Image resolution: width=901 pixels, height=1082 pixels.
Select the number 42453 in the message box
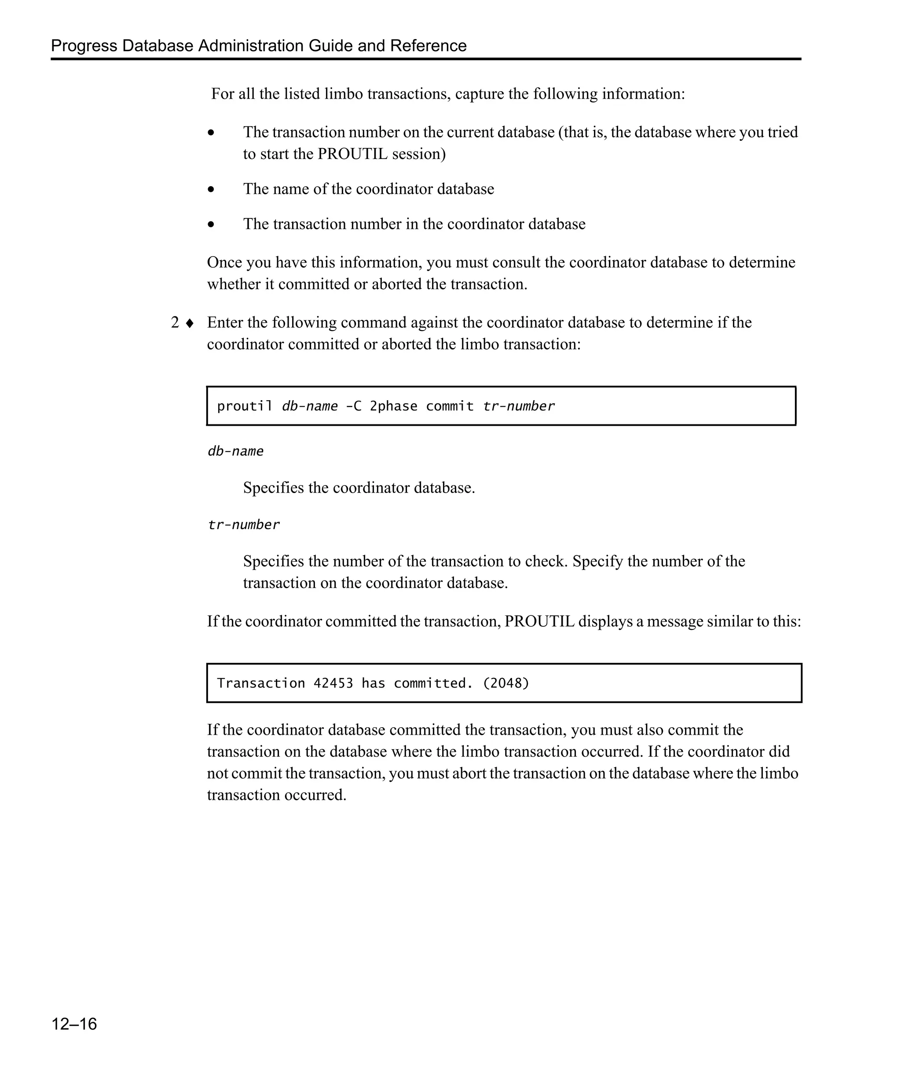pos(333,683)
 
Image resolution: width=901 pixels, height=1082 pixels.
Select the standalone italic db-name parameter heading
pos(235,451)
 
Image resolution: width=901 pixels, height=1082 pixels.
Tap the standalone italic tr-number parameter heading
pos(244,525)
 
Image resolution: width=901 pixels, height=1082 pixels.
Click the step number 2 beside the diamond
pos(175,323)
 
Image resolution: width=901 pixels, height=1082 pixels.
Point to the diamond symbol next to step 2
pos(190,324)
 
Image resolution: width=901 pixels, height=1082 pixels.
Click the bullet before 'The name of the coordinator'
pos(211,190)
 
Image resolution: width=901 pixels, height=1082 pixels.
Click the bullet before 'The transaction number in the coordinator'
pos(211,224)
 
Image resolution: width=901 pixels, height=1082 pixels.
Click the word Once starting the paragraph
pos(224,263)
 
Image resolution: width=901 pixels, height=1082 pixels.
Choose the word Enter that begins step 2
pos(224,323)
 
